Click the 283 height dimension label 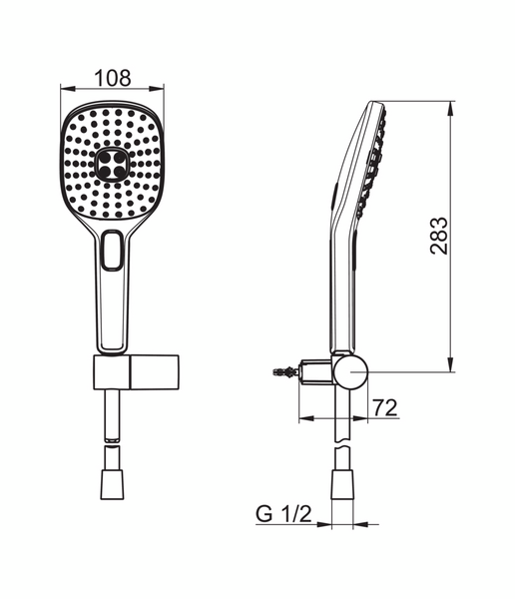click(x=439, y=235)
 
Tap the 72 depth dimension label click(x=384, y=406)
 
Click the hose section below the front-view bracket click(x=111, y=419)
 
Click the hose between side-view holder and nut click(x=342, y=424)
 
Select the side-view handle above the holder click(x=338, y=290)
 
